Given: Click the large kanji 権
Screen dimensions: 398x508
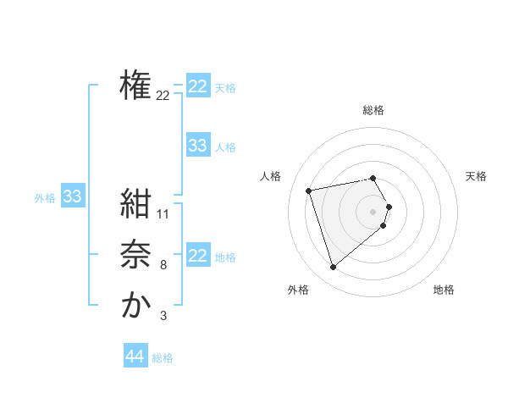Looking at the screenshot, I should (x=135, y=85).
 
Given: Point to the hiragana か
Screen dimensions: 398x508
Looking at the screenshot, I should (x=135, y=305).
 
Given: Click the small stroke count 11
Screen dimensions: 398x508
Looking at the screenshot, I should (x=164, y=214).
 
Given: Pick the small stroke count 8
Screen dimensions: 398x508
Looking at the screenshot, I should (x=163, y=266).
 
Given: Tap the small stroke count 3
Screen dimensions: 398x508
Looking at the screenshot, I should (x=163, y=317).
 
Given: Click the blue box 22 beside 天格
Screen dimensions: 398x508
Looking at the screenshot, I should (x=198, y=86).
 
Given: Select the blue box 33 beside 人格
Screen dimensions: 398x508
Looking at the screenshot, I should (x=198, y=146).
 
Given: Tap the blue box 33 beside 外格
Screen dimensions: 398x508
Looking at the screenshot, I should (x=73, y=197).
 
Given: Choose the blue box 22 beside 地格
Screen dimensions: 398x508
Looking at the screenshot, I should (x=198, y=256).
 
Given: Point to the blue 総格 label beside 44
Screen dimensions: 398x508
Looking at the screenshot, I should (x=163, y=358).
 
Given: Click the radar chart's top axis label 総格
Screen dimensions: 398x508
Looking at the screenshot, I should (x=373, y=110).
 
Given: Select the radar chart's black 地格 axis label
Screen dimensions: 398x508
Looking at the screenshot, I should (x=444, y=290).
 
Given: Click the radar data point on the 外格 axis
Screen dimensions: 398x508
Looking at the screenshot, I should (x=334, y=268).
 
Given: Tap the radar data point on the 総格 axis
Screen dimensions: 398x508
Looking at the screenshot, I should (x=373, y=179).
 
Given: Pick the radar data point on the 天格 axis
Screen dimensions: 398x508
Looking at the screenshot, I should (x=389, y=207).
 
